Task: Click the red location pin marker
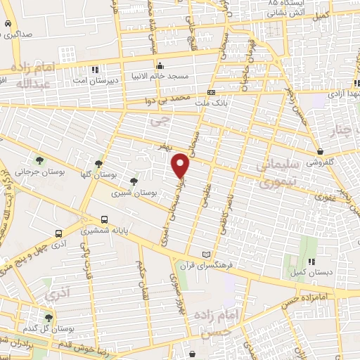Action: [x=182, y=166]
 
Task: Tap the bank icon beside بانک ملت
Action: [x=211, y=93]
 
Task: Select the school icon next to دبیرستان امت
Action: [x=96, y=69]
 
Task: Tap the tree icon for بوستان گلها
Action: [x=98, y=162]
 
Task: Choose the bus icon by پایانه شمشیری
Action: [x=105, y=219]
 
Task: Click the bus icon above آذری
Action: [x=58, y=233]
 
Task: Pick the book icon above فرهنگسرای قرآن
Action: [x=205, y=253]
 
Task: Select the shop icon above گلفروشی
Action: [x=320, y=150]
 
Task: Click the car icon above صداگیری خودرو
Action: [x=6, y=23]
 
